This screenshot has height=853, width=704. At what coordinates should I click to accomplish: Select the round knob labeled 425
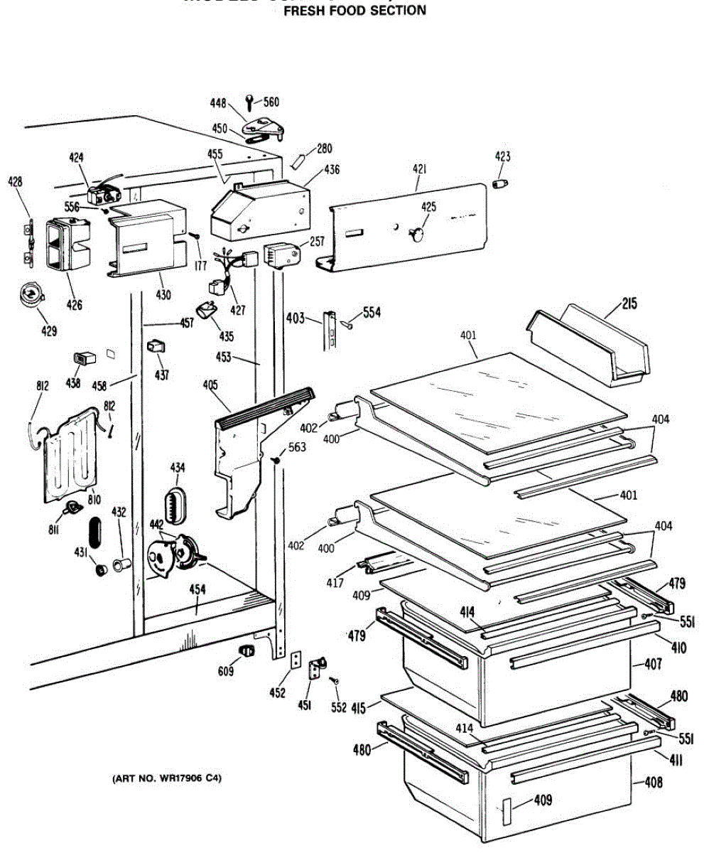(418, 234)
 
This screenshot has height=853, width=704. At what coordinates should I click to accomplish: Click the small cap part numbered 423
(502, 184)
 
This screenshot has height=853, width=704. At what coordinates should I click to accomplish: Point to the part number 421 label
(419, 170)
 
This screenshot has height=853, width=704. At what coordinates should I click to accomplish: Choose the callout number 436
(331, 171)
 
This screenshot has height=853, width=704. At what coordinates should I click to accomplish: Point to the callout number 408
(654, 783)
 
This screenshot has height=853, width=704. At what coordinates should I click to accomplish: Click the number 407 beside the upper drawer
(653, 665)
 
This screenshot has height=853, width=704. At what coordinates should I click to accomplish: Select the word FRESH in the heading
(305, 11)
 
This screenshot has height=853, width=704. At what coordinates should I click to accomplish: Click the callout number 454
(197, 589)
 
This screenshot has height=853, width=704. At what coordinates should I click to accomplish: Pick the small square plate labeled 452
(296, 660)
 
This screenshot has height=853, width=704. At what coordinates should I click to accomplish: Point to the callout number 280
(324, 149)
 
